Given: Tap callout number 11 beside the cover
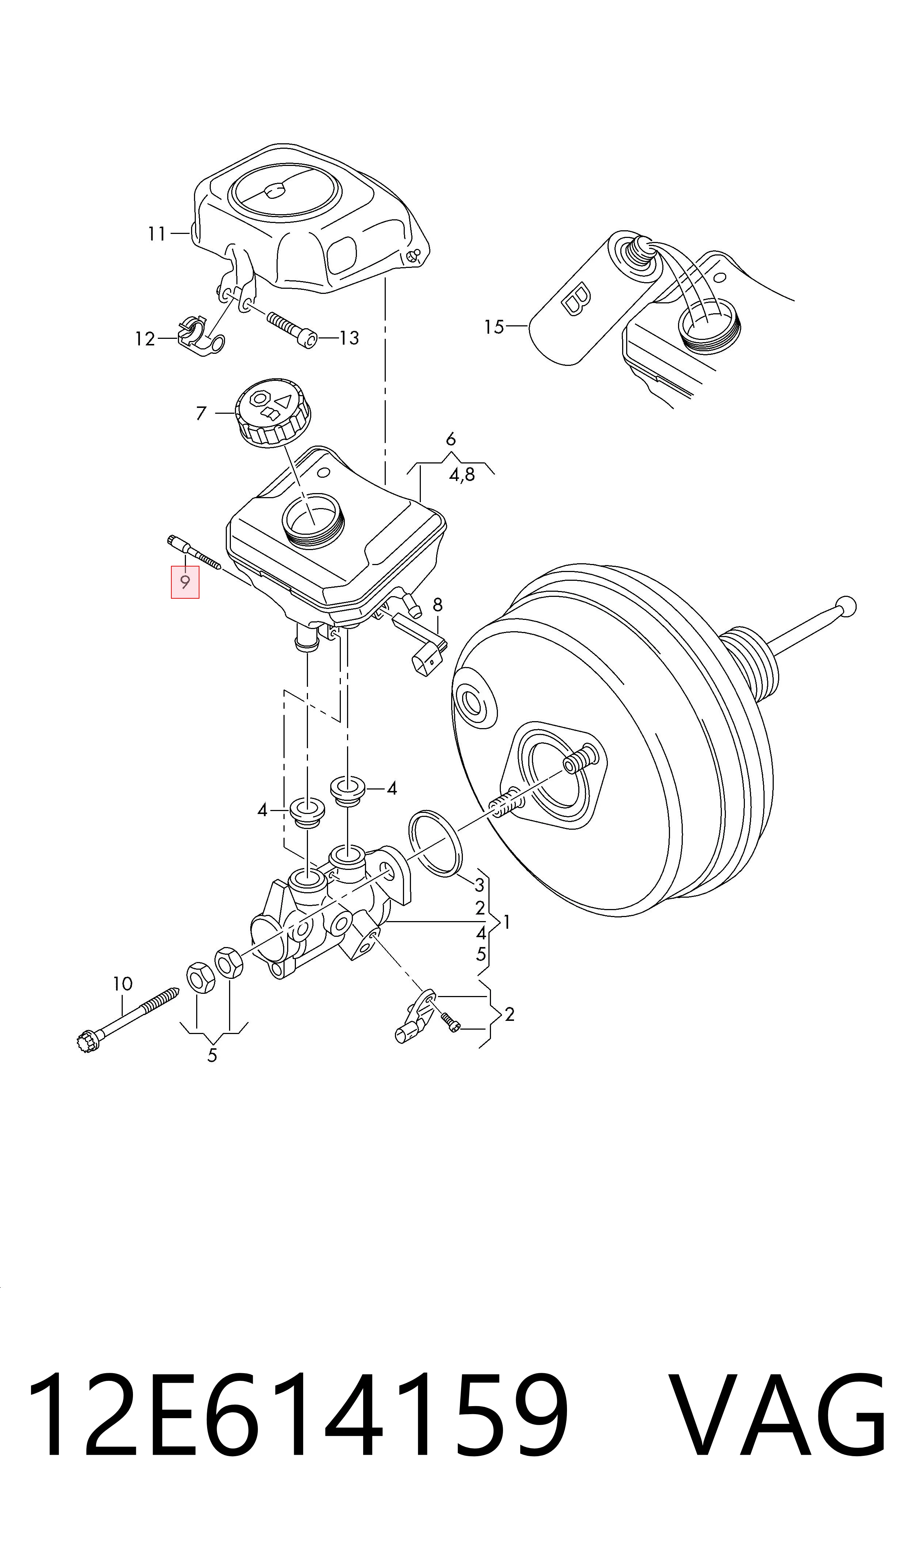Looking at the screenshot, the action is (157, 234).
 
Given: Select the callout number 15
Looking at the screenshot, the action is (494, 327).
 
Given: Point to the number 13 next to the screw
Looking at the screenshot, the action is (349, 338).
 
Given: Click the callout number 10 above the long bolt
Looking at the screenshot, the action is (123, 984).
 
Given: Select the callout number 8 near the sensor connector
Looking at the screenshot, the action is (437, 605).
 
